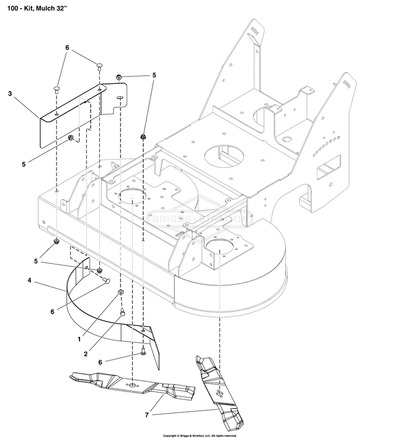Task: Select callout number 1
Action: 79,339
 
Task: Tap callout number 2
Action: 85,353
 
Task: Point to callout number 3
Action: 10,94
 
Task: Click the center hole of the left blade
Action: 133,385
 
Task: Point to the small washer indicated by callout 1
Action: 121,292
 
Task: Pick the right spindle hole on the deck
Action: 220,246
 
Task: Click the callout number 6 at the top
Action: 67,48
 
